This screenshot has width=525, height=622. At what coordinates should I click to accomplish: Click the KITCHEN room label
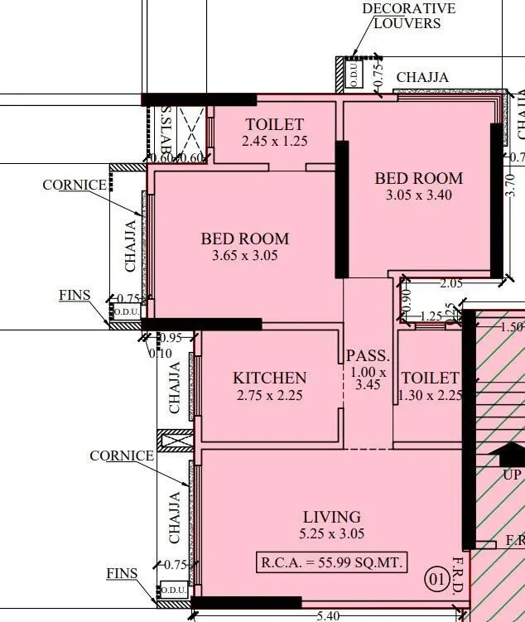(x=269, y=378)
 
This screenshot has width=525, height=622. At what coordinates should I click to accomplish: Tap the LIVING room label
(x=331, y=517)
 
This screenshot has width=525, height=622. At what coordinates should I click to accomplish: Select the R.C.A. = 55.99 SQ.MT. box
(x=332, y=562)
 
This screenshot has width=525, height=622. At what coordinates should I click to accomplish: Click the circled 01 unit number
(x=436, y=577)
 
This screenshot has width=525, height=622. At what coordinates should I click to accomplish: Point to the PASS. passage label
(x=368, y=356)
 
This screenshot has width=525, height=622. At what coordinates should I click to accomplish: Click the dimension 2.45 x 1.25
(x=274, y=142)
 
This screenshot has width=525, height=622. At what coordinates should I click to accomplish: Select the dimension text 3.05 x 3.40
(x=418, y=196)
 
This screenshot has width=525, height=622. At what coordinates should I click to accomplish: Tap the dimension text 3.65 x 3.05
(x=244, y=256)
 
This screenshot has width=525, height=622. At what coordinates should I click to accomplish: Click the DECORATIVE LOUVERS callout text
(x=408, y=16)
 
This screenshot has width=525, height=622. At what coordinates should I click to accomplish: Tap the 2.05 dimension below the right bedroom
(x=451, y=283)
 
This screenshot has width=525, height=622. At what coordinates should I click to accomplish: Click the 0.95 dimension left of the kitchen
(x=169, y=337)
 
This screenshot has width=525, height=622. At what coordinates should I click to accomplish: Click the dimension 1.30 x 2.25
(x=429, y=396)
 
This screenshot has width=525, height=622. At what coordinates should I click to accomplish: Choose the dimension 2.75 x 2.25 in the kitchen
(x=269, y=396)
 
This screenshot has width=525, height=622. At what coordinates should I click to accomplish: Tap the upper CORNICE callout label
(x=75, y=185)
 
